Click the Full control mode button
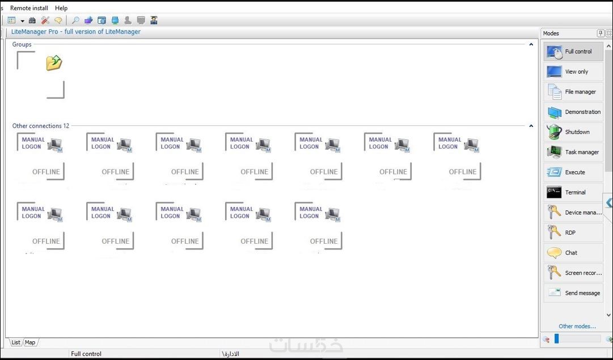[573, 52]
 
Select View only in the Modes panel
[573, 72]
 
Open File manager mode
[573, 92]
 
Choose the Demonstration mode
[573, 112]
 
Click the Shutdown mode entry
[573, 132]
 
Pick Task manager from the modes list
[573, 153]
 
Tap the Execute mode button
[573, 172]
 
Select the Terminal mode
[573, 193]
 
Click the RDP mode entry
[573, 233]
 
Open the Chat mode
[573, 253]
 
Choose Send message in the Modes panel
[573, 293]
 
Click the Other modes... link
[577, 327]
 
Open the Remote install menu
[29, 8]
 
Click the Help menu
[61, 8]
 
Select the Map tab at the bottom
[30, 342]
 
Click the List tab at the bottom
[16, 342]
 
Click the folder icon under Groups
[54, 62]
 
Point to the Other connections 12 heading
[41, 126]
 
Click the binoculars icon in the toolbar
[32, 20]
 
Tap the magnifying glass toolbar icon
[75, 20]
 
